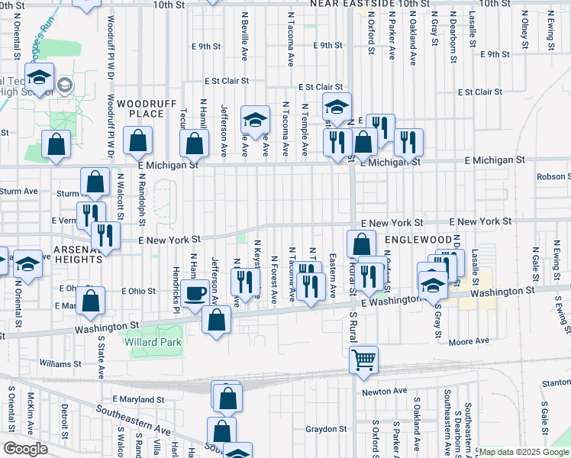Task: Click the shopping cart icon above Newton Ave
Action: (364, 358)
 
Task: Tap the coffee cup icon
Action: (196, 292)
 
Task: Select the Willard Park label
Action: (153, 343)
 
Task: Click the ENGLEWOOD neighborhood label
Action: (413, 239)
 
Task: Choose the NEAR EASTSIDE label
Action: (358, 4)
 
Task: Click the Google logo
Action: (25, 449)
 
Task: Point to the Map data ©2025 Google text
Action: (524, 452)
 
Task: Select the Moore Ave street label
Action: (469, 342)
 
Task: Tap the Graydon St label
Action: (327, 428)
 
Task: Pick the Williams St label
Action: (60, 363)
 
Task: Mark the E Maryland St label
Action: (138, 398)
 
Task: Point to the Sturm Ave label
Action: (18, 191)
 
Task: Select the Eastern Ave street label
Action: (333, 276)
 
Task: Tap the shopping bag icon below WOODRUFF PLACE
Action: (137, 141)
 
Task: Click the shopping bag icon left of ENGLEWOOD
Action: (361, 245)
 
